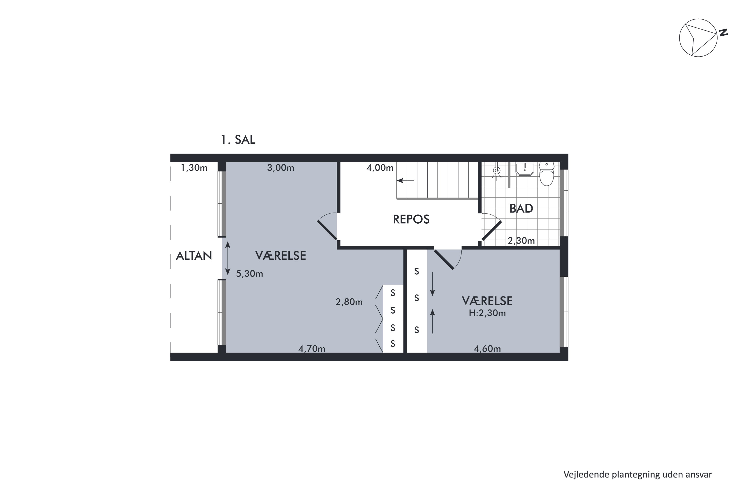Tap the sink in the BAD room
pyautogui.click(x=525, y=169)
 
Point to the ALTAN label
pyautogui.click(x=194, y=256)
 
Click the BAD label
pyautogui.click(x=521, y=208)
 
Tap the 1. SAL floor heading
pyautogui.click(x=238, y=140)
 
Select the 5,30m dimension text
pyautogui.click(x=250, y=274)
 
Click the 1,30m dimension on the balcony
pyautogui.click(x=194, y=168)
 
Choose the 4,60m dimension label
pyautogui.click(x=487, y=349)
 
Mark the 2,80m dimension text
pyautogui.click(x=349, y=302)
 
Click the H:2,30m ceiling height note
pyautogui.click(x=487, y=313)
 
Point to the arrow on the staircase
pyautogui.click(x=405, y=181)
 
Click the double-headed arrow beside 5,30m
pyautogui.click(x=228, y=258)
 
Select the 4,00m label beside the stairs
pyautogui.click(x=380, y=168)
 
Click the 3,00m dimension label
pyautogui.click(x=281, y=168)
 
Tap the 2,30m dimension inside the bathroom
pyautogui.click(x=521, y=241)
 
